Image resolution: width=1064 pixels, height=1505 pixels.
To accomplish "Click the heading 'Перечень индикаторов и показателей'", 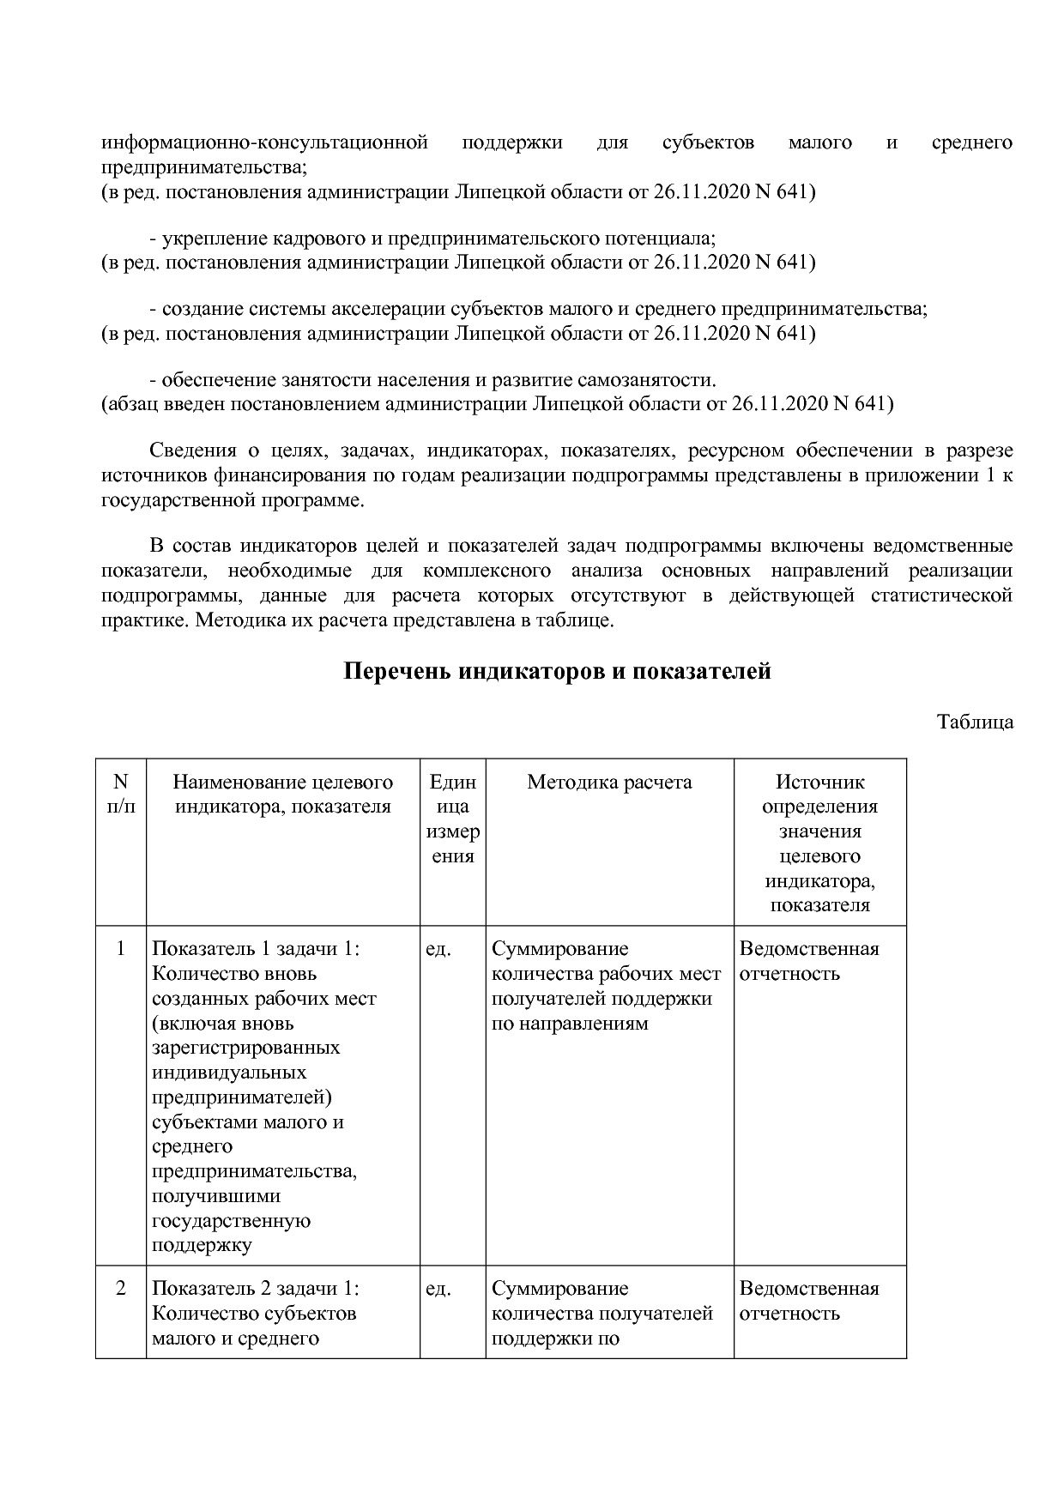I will pyautogui.click(x=557, y=671).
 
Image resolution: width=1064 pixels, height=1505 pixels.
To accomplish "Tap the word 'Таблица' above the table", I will pyautogui.click(x=975, y=722).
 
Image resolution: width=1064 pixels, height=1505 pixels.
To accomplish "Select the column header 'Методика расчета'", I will pyautogui.click(x=609, y=782).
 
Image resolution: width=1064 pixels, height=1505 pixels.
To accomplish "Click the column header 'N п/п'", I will pyautogui.click(x=120, y=794).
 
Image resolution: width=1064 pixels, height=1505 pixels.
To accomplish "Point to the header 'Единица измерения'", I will pyautogui.click(x=452, y=819).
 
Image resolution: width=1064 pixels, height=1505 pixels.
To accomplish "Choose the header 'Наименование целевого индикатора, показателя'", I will pyautogui.click(x=282, y=794).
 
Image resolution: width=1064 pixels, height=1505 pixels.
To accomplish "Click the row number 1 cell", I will pyautogui.click(x=120, y=948).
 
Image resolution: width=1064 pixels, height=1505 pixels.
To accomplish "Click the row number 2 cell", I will pyautogui.click(x=120, y=1288).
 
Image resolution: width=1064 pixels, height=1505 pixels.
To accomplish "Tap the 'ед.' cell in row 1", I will pyautogui.click(x=438, y=949).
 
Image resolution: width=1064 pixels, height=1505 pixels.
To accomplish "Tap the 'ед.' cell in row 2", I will pyautogui.click(x=438, y=1289).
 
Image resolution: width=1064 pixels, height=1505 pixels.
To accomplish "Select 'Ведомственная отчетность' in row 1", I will pyautogui.click(x=808, y=961).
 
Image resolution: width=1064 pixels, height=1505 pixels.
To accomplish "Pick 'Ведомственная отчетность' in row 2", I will pyautogui.click(x=808, y=1301).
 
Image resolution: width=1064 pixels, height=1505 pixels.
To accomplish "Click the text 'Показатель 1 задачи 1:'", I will pyautogui.click(x=256, y=948).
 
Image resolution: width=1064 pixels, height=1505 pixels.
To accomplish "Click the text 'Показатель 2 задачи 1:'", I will pyautogui.click(x=256, y=1288).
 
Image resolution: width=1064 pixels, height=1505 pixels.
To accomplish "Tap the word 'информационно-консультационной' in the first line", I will pyautogui.click(x=264, y=142).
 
